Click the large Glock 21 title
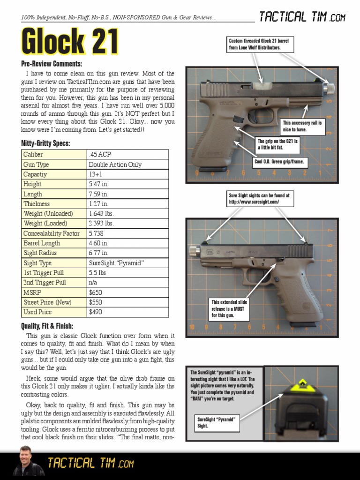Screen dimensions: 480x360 [x=69, y=42]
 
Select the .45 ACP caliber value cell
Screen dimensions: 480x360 [x=127, y=154]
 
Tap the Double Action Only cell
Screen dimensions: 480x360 [x=127, y=165]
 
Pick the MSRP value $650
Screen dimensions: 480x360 [x=127, y=292]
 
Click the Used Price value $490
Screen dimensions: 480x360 [x=127, y=312]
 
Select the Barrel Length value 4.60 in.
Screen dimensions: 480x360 [x=127, y=243]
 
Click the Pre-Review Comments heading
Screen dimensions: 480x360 [x=52, y=64]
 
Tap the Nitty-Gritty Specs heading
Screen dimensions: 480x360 [x=45, y=143]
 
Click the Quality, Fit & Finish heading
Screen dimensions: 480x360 [x=47, y=326]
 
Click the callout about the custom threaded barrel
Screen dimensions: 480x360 [x=259, y=45]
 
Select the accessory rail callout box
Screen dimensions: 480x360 [x=303, y=126]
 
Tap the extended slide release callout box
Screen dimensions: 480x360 [x=230, y=309]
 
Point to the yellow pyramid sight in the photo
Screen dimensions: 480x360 [x=302, y=385]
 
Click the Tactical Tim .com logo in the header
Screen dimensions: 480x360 [x=302, y=18]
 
